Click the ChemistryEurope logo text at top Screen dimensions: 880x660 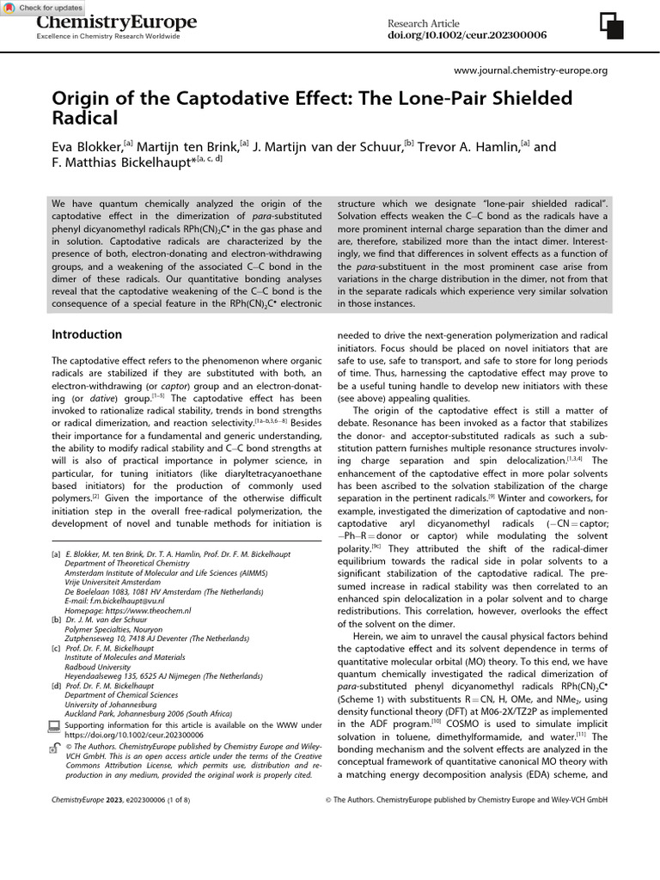click(x=115, y=22)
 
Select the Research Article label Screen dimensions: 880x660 click(x=423, y=23)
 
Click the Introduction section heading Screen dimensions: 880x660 click(x=87, y=334)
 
